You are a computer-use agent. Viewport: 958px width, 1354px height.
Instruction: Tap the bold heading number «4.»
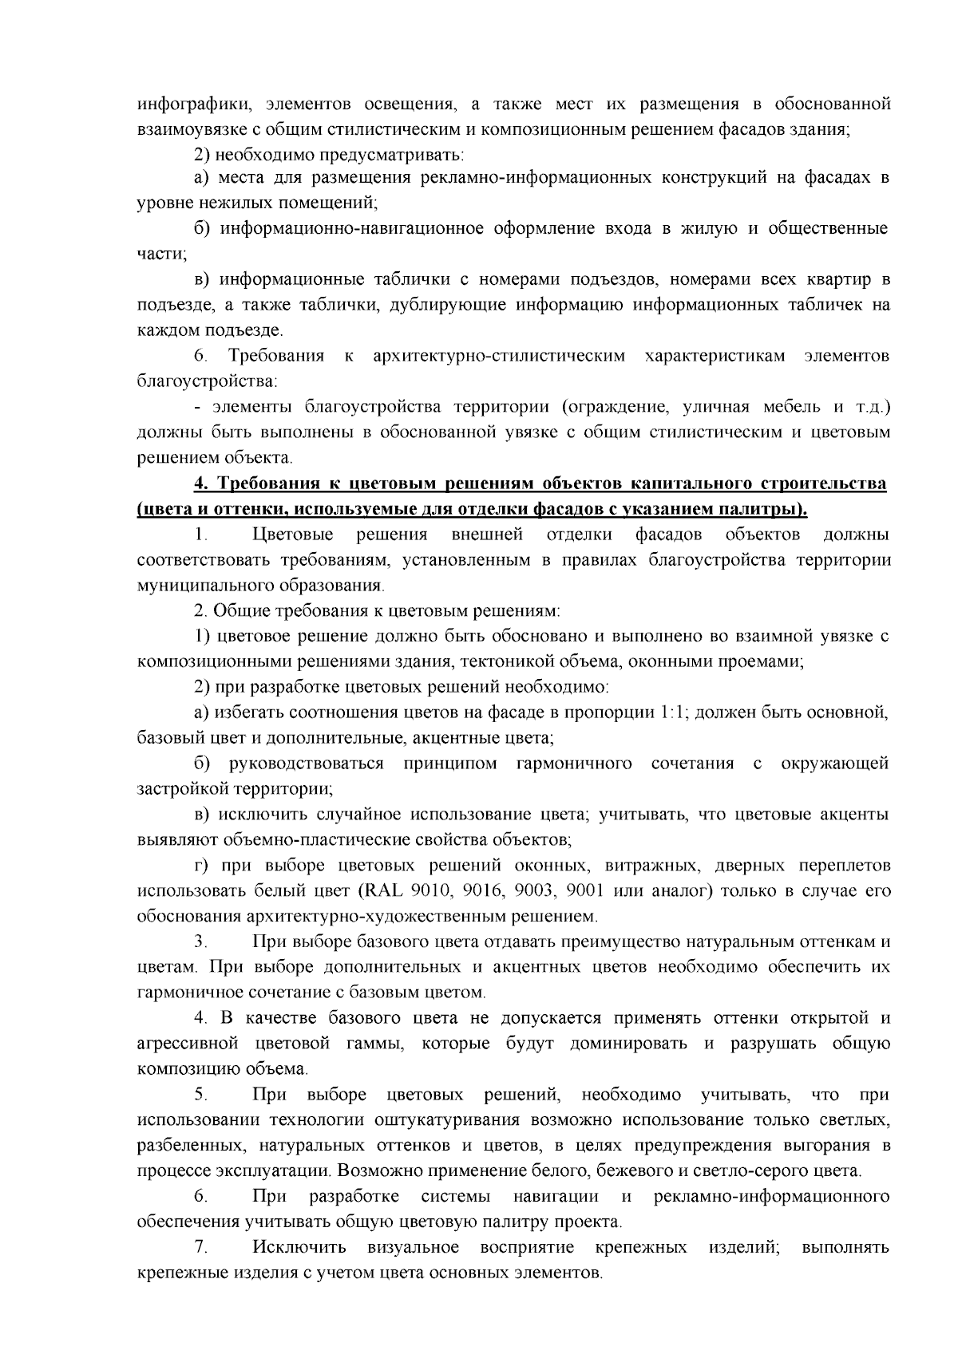tap(201, 484)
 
